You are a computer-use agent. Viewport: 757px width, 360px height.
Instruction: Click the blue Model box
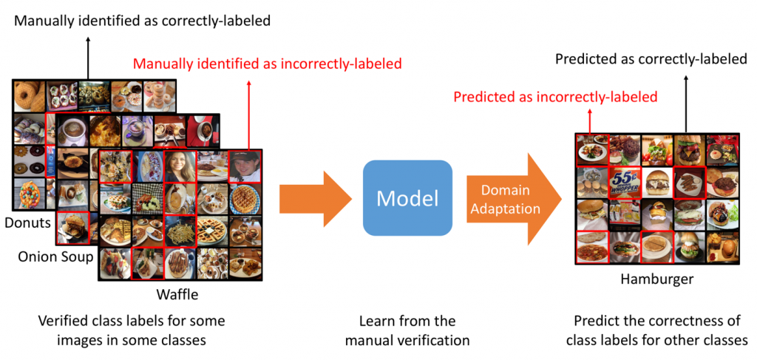[407, 197]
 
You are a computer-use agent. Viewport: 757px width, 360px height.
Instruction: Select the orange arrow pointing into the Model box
[313, 199]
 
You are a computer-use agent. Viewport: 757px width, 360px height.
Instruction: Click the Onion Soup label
[56, 257]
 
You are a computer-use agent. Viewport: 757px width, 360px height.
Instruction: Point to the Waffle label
[177, 294]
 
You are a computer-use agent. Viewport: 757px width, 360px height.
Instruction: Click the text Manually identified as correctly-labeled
[142, 21]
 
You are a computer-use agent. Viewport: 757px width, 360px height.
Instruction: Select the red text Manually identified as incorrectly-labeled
[267, 64]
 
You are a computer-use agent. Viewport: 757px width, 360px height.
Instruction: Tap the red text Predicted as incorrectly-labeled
[555, 97]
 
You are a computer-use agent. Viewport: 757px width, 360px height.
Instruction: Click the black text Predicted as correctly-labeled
[651, 58]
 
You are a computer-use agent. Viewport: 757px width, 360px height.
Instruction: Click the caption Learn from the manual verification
[407, 330]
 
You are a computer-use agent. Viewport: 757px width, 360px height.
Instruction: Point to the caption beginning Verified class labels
[131, 330]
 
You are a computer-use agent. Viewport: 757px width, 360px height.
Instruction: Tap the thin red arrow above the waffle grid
[249, 115]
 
